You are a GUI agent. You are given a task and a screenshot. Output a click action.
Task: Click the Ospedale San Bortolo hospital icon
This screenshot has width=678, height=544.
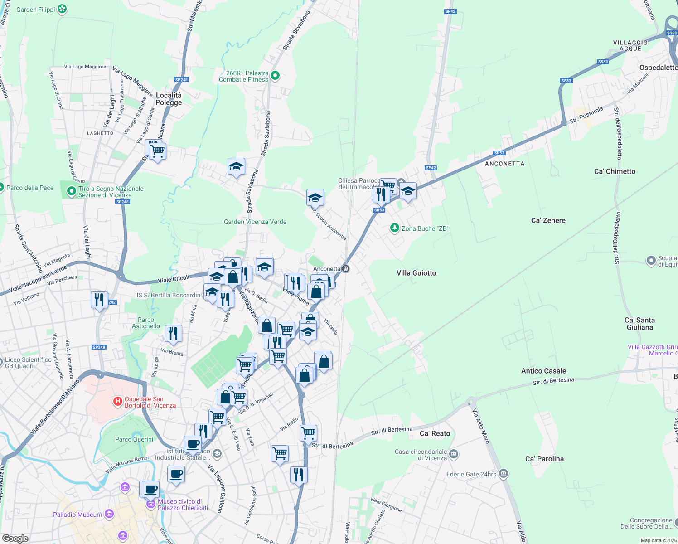[118, 401]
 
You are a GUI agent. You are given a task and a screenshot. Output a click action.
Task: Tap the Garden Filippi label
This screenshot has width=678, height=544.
[36, 10]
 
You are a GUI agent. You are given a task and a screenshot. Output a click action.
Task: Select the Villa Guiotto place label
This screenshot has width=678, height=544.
[416, 273]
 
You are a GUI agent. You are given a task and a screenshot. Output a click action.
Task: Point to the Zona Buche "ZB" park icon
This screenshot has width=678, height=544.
[395, 228]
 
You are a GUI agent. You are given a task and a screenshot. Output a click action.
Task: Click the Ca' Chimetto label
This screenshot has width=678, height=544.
[615, 171]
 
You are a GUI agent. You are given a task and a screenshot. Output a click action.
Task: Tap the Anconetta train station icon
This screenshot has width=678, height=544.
[345, 268]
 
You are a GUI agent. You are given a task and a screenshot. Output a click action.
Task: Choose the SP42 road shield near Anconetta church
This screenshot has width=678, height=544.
[431, 168]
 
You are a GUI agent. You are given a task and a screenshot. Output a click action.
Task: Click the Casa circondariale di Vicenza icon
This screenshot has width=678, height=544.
[454, 454]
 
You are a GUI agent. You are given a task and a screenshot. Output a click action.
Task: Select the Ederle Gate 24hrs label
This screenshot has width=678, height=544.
[471, 474]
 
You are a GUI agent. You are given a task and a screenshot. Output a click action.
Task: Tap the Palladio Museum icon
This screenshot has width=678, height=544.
[109, 514]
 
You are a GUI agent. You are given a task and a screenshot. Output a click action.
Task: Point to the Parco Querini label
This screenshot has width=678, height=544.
[134, 439]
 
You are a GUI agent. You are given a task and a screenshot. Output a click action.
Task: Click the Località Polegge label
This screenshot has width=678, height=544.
[169, 99]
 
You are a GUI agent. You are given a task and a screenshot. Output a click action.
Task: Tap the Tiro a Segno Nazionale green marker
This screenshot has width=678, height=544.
[71, 191]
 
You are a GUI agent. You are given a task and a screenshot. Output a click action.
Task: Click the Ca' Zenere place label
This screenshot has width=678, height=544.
[548, 220]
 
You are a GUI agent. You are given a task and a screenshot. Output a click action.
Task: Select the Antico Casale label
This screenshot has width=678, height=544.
[543, 371]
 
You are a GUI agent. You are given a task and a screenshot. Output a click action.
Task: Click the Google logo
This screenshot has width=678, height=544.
[15, 538]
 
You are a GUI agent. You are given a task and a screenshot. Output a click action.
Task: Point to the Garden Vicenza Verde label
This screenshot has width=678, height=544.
[255, 222]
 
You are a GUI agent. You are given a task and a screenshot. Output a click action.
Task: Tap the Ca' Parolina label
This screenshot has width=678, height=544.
[544, 459]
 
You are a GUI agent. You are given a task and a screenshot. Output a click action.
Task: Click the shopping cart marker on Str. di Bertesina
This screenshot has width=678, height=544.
[309, 433]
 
